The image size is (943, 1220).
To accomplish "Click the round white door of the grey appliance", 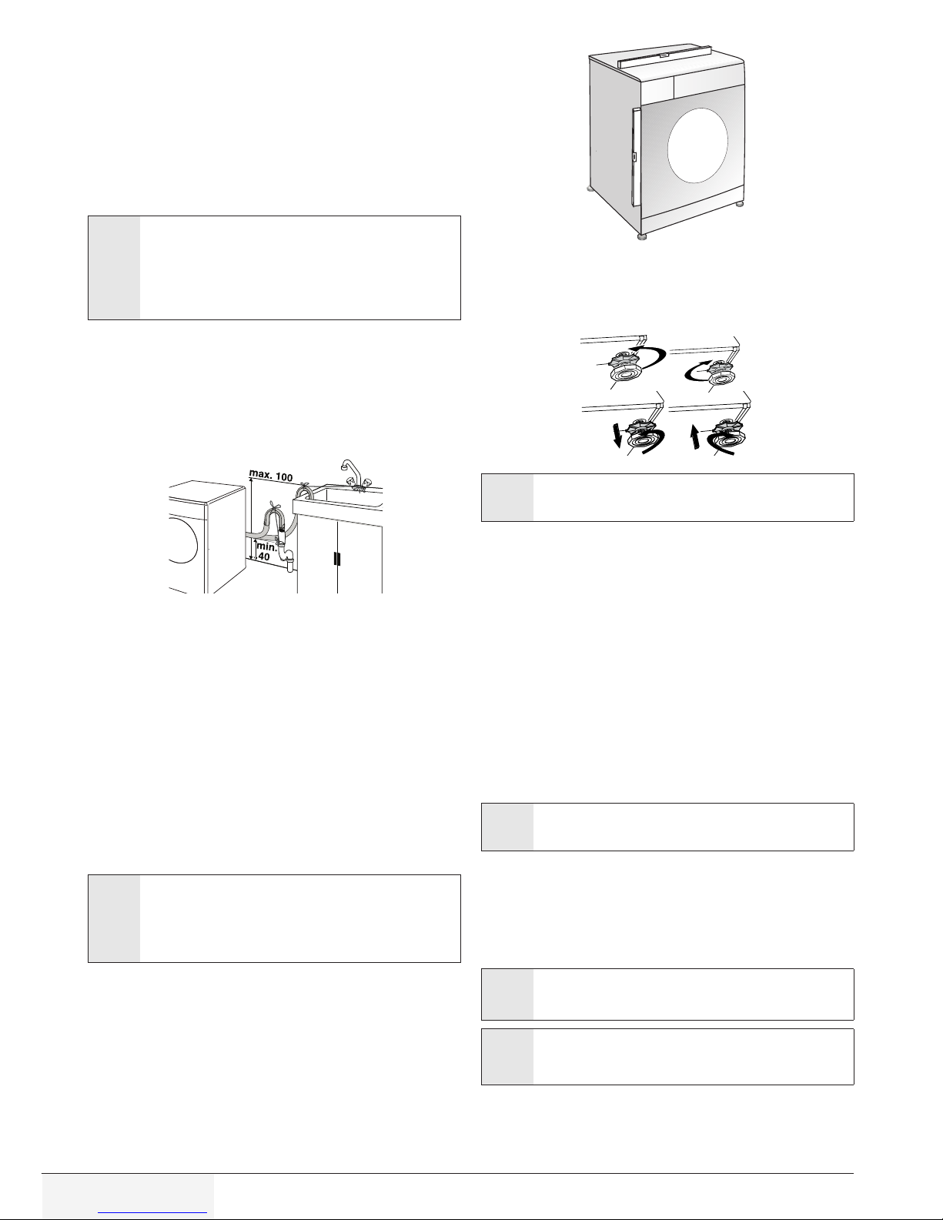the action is pyautogui.click(x=697, y=145).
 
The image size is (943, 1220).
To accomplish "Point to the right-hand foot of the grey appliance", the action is pyautogui.click(x=741, y=203).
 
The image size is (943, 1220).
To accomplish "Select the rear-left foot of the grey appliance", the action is pyautogui.click(x=590, y=189).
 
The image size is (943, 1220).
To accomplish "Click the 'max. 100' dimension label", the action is pyautogui.click(x=270, y=476).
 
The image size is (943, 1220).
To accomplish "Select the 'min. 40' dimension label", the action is pyautogui.click(x=265, y=551).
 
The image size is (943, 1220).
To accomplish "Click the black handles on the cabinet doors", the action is pyautogui.click(x=337, y=559).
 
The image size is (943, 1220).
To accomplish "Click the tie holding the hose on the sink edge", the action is pyautogui.click(x=306, y=486).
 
